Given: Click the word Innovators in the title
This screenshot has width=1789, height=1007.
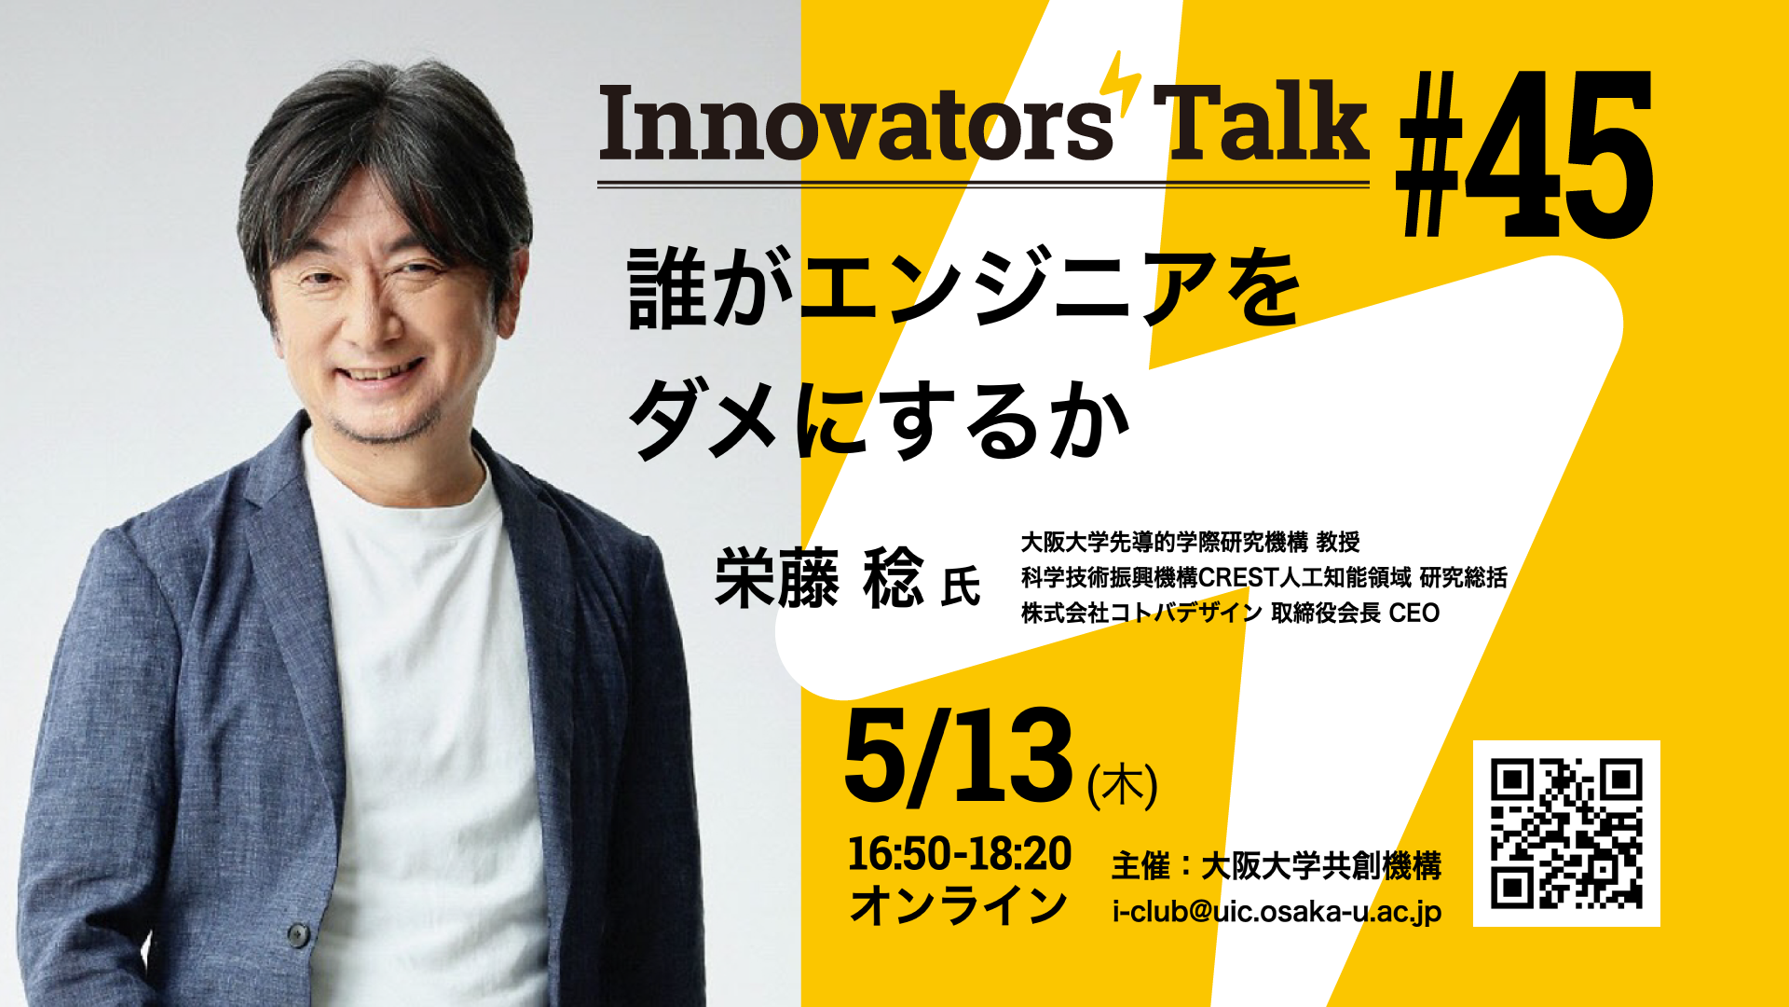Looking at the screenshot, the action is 855,123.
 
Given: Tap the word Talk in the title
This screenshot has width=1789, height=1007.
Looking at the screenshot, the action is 1261,121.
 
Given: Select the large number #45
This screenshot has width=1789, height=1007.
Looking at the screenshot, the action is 1525,154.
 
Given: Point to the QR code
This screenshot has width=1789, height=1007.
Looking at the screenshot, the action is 1566,834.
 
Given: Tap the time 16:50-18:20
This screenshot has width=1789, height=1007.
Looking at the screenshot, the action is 960,854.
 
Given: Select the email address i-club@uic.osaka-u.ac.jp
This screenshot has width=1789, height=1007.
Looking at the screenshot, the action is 1277,911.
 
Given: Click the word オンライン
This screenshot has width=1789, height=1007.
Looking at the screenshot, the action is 959,905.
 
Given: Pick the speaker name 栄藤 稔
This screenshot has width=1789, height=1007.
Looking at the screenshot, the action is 819,578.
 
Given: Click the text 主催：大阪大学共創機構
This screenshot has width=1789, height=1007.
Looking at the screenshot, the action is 1277,866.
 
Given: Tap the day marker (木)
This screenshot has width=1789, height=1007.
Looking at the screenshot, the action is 1123,785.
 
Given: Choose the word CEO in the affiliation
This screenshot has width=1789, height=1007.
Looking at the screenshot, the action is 1414,613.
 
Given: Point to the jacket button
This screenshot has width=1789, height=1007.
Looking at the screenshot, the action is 297,932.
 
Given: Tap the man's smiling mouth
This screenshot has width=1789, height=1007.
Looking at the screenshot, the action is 380,375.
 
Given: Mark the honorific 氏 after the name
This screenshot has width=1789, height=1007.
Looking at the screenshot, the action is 961,586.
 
